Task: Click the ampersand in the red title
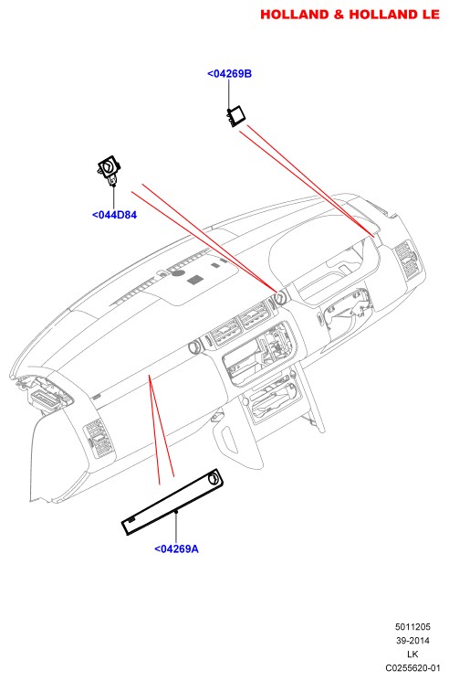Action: coord(338,15)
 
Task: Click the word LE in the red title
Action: coord(430,15)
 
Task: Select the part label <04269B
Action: coord(229,73)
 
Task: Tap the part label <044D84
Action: coord(114,215)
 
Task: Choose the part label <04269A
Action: coord(176,549)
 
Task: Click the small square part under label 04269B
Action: coord(236,115)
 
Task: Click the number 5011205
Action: coord(412,627)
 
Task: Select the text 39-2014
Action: coord(412,641)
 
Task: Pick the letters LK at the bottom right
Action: coord(412,654)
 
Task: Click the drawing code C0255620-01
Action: coord(412,668)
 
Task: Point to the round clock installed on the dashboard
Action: coord(280,297)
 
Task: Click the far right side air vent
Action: coord(405,259)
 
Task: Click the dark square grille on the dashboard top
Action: coord(196,280)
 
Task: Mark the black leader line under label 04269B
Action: coord(229,95)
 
